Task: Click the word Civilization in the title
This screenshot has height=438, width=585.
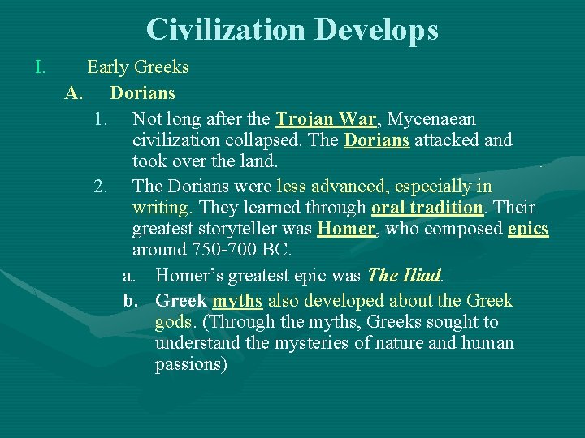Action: click(x=225, y=30)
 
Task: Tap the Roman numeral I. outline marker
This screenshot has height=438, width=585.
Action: click(x=41, y=67)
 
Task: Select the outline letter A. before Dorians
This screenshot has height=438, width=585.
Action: click(x=74, y=92)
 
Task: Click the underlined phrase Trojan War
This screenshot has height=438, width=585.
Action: click(x=326, y=119)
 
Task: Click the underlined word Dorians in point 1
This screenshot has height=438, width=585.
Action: click(x=376, y=140)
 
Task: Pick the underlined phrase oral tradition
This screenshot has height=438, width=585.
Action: click(x=427, y=208)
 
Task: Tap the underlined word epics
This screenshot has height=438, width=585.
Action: click(x=528, y=229)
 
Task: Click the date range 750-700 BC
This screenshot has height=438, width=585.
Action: click(x=240, y=250)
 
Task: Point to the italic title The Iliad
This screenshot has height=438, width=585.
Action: click(x=403, y=276)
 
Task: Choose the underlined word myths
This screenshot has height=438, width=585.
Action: click(x=237, y=301)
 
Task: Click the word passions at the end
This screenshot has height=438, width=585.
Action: click(x=191, y=364)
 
